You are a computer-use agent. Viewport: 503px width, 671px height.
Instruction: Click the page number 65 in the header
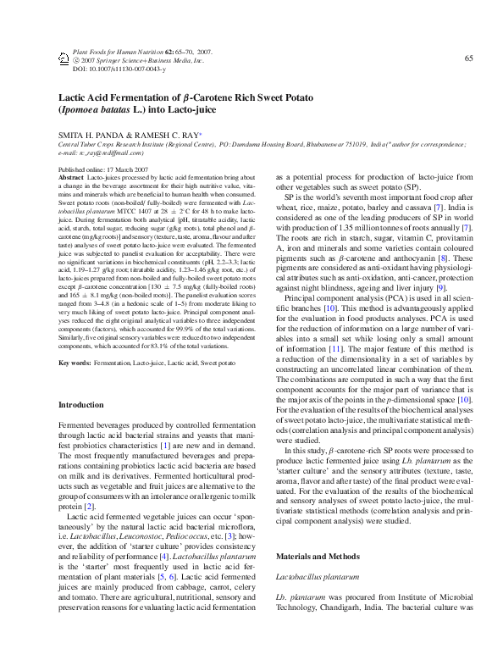467,58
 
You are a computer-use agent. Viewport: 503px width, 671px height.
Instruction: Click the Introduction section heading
83,406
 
